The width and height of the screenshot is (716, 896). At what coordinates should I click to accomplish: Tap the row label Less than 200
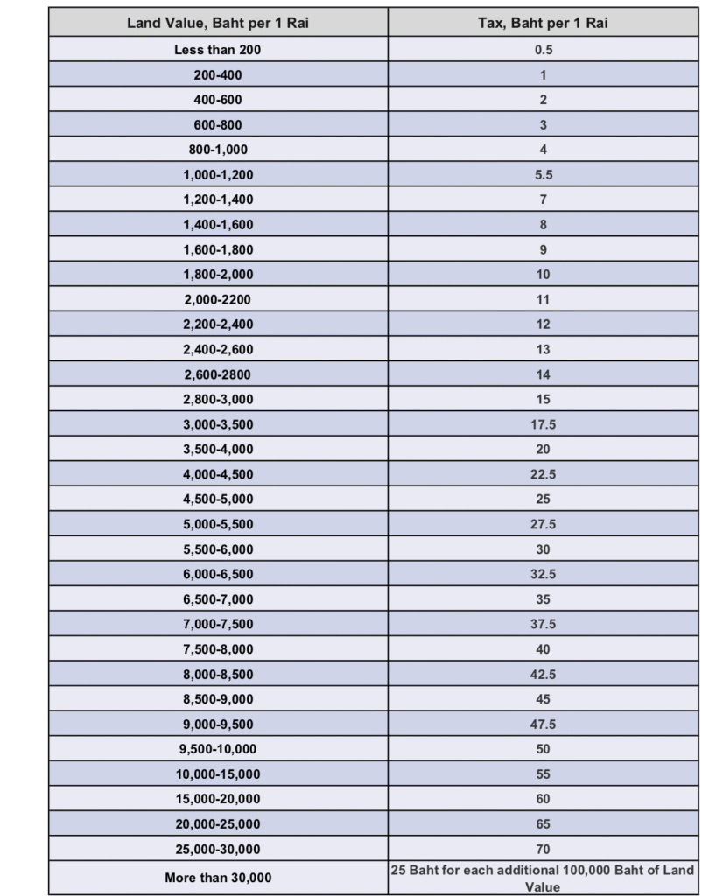218,50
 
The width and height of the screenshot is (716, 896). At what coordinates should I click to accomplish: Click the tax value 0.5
543,50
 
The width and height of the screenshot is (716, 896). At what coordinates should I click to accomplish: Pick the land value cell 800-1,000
218,150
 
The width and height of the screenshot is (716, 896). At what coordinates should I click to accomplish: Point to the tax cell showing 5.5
543,175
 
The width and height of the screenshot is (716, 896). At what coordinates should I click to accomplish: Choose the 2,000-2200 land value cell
218,299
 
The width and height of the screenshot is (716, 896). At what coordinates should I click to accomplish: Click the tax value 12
543,325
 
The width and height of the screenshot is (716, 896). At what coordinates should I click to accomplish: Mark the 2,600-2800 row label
218,374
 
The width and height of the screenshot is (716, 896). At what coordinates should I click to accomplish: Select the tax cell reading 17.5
543,424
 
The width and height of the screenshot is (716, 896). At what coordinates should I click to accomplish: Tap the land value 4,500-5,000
218,500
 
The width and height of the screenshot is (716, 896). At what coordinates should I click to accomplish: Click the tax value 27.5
543,524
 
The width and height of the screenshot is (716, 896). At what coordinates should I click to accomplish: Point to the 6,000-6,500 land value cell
218,574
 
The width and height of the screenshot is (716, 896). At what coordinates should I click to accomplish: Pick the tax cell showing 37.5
543,624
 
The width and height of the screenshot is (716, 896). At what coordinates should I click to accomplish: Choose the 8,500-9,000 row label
218,699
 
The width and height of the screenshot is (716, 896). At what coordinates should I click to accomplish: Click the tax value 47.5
543,724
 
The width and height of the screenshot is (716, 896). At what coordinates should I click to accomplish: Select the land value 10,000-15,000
218,774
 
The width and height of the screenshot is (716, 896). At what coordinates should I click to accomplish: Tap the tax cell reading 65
543,824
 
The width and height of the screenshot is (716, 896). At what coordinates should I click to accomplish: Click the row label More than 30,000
218,878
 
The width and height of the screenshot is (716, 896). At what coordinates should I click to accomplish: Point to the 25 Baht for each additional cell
543,878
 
